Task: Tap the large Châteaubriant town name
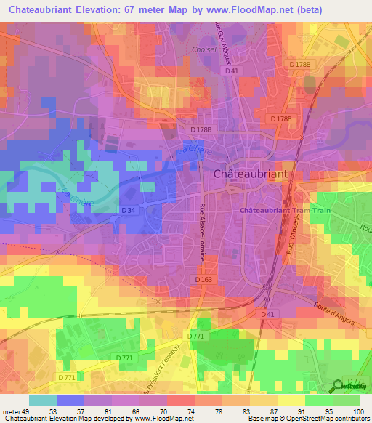coord(251,174)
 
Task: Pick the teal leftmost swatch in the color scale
coord(42,400)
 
